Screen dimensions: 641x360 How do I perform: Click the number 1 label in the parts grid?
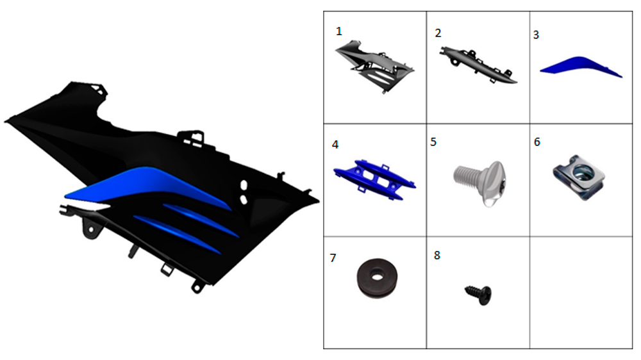338,31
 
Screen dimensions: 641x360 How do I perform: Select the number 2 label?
438,33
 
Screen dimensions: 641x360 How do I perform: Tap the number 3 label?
536,35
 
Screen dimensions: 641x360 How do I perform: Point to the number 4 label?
335,145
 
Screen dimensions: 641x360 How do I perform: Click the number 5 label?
433,142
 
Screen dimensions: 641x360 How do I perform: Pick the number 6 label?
537,142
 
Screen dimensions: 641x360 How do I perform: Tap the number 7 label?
333,258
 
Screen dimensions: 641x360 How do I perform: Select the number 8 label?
437,256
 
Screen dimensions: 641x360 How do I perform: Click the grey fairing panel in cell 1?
374,65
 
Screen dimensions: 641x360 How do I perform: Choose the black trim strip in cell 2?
478,65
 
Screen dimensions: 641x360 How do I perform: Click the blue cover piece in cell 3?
581,65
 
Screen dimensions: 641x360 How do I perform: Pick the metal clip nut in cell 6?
578,177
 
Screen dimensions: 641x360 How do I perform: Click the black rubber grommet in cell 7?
376,278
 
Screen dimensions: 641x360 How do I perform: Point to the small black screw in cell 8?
479,295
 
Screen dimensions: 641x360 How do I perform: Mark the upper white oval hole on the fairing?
244,184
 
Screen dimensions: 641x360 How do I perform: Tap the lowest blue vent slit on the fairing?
177,234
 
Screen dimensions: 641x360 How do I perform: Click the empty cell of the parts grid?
581,293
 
